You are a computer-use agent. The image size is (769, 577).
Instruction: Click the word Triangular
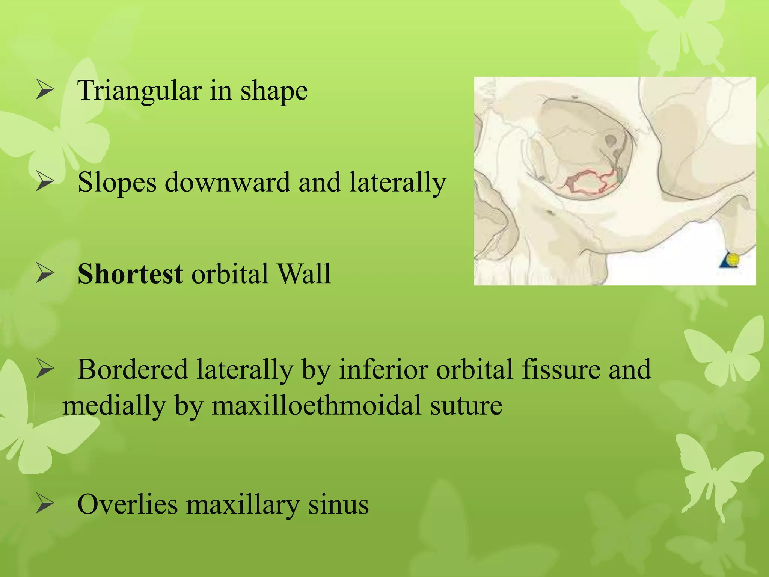coord(139,91)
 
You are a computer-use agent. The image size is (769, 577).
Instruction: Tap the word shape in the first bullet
coord(274,91)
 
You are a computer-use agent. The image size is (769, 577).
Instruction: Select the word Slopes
coord(117,183)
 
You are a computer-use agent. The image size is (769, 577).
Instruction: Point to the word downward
coord(228,183)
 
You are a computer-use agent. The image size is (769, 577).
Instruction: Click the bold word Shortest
coord(130,273)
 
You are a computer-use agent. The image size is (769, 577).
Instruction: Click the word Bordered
coord(133,370)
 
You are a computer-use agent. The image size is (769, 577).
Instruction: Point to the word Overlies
coord(127,504)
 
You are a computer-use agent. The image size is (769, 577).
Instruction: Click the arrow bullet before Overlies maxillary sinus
coord(45,504)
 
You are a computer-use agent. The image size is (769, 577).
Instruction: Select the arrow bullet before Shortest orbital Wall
coord(45,274)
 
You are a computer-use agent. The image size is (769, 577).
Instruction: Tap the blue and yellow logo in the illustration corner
coord(729,260)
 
